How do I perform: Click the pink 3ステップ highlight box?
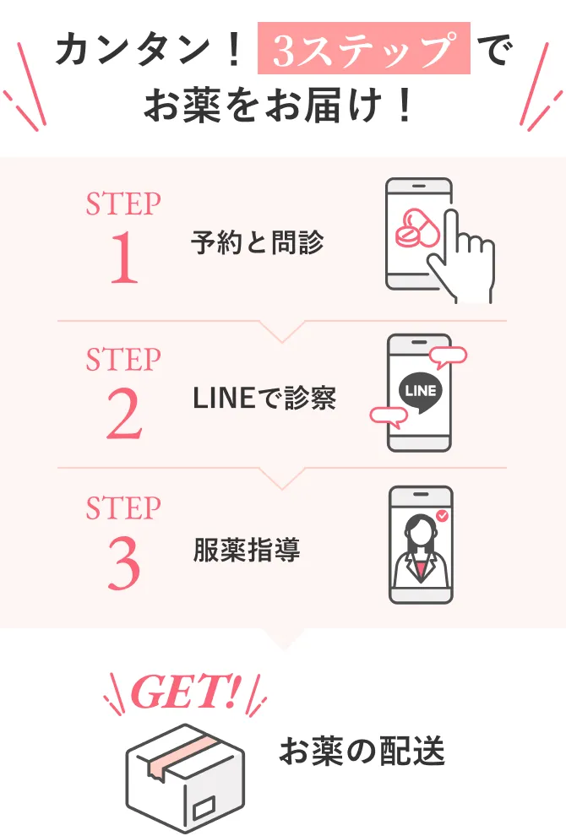click(x=363, y=49)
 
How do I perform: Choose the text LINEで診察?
click(x=264, y=398)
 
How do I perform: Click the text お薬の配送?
click(x=362, y=751)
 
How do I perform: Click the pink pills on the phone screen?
click(x=415, y=227)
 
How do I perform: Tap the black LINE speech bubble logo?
click(x=420, y=392)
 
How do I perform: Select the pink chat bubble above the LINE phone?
click(x=448, y=355)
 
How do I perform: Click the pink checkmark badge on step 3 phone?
click(x=442, y=514)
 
